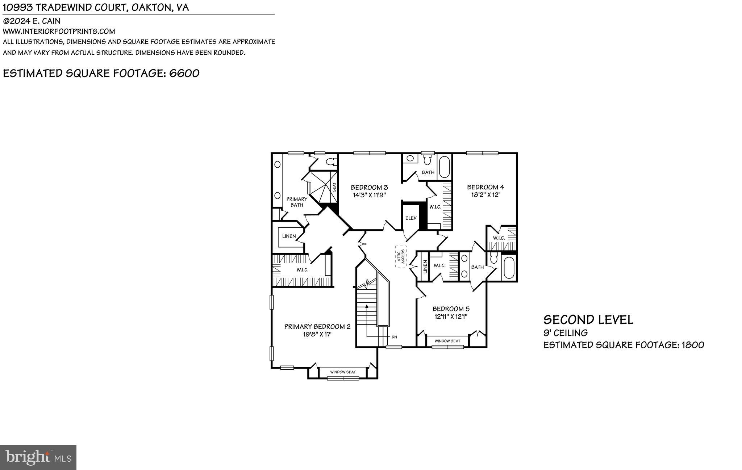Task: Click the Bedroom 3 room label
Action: coord(369,187)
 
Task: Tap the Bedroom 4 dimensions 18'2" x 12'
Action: coord(485,195)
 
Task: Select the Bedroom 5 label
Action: coord(451,309)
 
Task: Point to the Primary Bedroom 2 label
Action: coord(317,327)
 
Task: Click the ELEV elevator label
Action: coord(411,218)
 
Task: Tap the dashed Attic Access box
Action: coord(401,256)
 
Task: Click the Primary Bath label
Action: coord(297,202)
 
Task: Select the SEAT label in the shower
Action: coord(334,187)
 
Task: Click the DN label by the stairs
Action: coord(394,337)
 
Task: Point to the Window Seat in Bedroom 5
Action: coord(447,341)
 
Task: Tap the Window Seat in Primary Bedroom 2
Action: coord(343,372)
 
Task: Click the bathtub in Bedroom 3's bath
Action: coord(444,167)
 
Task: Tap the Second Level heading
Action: coord(588,320)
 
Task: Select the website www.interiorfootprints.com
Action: coord(59,32)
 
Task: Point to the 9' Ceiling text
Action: coord(565,333)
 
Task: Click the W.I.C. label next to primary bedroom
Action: coord(302,270)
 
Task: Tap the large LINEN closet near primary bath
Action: coord(289,236)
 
